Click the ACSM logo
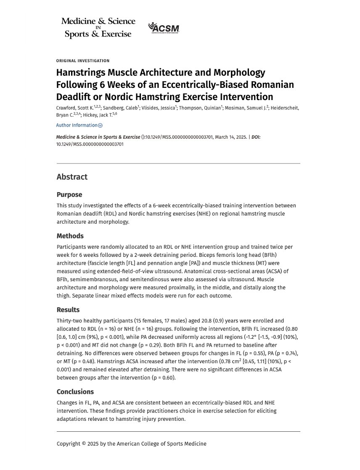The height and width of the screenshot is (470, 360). tap(164, 28)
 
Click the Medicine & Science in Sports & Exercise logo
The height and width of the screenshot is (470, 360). tap(98, 27)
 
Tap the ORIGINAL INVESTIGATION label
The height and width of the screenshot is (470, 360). tap(83, 61)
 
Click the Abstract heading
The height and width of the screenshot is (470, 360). tap(72, 177)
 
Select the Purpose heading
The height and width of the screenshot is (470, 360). tap(69, 195)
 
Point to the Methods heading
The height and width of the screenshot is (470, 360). tap(70, 236)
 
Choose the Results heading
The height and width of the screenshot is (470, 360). tap(68, 310)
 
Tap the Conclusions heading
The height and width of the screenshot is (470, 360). tap(75, 392)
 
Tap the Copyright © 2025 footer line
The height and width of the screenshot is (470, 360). tap(132, 444)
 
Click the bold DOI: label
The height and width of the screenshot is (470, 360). tap(256, 137)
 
